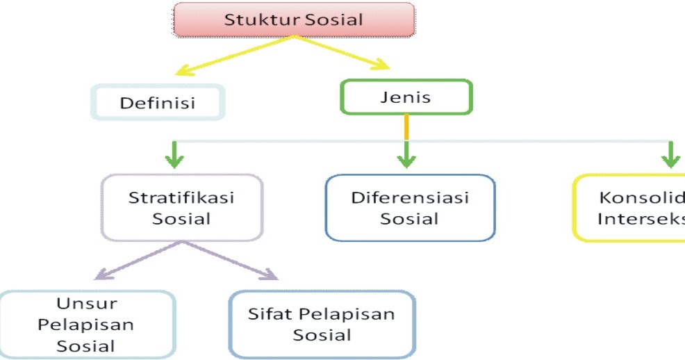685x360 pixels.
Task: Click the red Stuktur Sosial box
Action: coord(293,19)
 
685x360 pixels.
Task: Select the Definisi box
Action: coord(158,103)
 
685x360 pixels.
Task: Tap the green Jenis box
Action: coord(406,97)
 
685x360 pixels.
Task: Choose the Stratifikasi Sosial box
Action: coord(181,207)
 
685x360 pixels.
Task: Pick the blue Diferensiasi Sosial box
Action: coord(410,207)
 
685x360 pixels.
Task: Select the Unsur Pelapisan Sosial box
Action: coord(86,324)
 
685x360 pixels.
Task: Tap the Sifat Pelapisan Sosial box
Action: coord(322,324)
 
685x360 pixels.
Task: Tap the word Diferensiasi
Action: coord(410,197)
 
